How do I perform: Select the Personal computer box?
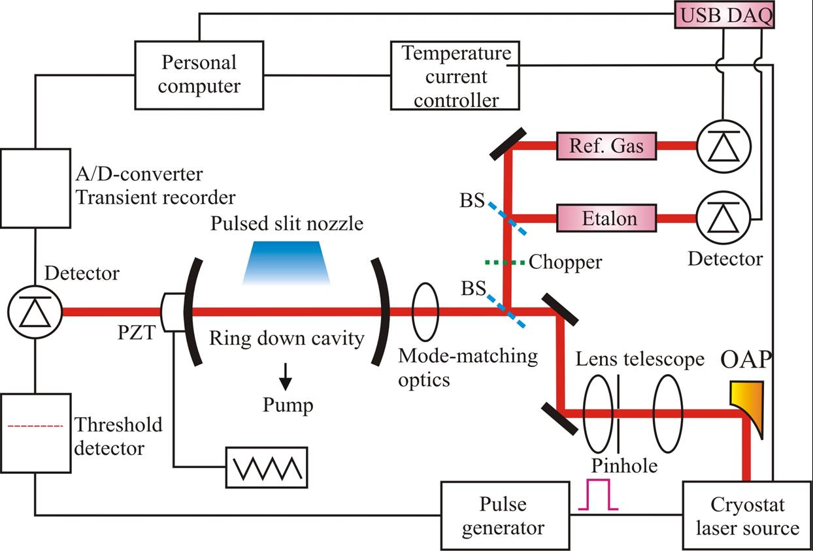[200, 74]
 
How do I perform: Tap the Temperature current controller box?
[456, 76]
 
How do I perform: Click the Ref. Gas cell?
[605, 146]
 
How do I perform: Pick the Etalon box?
[605, 217]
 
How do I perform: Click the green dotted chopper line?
[505, 263]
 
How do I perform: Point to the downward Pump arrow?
[286, 375]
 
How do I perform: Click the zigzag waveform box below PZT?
[267, 467]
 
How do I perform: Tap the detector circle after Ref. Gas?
[723, 146]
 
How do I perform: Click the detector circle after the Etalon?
[723, 217]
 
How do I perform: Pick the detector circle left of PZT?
[35, 312]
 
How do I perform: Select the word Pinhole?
[624, 465]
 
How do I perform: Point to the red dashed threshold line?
[35, 426]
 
